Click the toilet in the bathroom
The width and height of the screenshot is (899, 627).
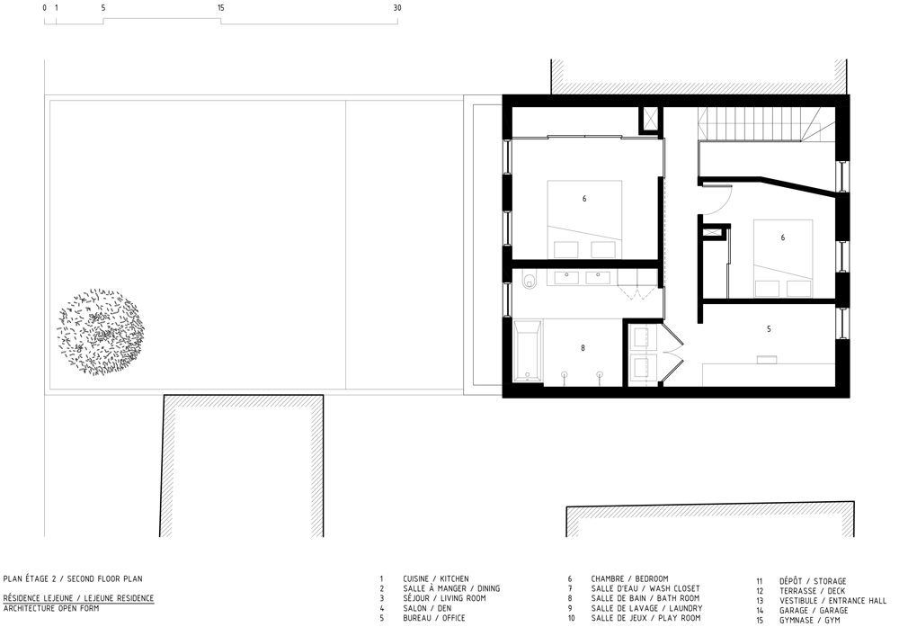click(x=530, y=280)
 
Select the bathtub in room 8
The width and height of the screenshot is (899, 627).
click(x=528, y=353)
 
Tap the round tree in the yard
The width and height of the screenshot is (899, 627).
click(x=101, y=332)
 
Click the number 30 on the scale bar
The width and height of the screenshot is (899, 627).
click(x=397, y=8)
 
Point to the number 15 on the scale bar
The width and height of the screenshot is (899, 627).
click(x=221, y=8)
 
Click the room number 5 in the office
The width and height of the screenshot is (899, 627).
click(x=769, y=329)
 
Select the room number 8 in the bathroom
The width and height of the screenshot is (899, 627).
click(x=583, y=348)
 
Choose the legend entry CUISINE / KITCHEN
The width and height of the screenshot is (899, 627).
click(x=436, y=578)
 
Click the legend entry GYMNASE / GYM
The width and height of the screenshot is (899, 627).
click(x=810, y=620)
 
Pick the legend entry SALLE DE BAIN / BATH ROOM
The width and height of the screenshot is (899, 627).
click(x=645, y=598)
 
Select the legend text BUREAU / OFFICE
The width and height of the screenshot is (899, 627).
click(x=434, y=618)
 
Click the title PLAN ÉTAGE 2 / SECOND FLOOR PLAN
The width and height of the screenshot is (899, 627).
click(x=73, y=578)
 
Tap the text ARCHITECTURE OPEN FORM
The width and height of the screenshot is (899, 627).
click(x=51, y=608)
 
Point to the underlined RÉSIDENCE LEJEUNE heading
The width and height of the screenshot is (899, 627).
click(x=78, y=598)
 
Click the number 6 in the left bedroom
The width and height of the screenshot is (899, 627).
click(x=584, y=199)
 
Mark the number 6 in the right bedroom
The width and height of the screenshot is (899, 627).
click(x=783, y=237)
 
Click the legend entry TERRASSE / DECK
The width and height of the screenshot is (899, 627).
click(x=812, y=591)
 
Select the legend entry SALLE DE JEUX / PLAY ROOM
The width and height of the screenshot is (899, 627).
click(x=645, y=618)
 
